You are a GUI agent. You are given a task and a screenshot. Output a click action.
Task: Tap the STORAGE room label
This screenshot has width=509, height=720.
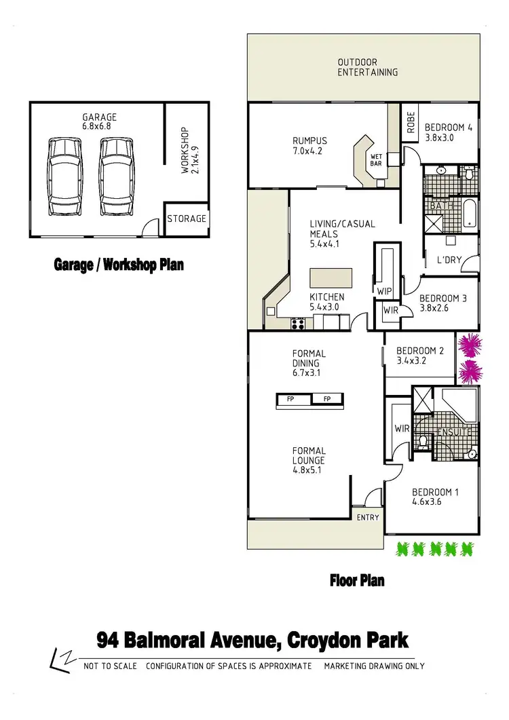click(x=187, y=219)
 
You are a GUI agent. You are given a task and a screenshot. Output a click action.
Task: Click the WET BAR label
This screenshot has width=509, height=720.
click(x=376, y=160)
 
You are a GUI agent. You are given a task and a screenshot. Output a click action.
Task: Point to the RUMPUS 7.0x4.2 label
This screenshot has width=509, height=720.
click(x=303, y=147)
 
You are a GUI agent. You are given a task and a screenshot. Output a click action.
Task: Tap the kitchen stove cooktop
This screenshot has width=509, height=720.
click(x=297, y=324)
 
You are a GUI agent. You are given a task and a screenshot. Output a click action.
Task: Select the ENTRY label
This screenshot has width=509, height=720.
click(x=368, y=518)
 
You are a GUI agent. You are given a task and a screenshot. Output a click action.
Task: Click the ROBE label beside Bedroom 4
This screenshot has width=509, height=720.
click(x=411, y=122)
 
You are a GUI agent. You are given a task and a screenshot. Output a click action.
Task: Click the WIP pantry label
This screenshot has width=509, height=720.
click(x=383, y=291)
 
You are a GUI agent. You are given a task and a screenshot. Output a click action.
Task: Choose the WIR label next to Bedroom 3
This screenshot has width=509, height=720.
click(x=390, y=311)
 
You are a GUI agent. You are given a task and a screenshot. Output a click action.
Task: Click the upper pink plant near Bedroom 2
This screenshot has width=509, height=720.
click(x=469, y=345)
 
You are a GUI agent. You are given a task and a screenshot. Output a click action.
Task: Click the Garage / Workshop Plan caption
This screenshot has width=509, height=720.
click(x=119, y=265)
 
